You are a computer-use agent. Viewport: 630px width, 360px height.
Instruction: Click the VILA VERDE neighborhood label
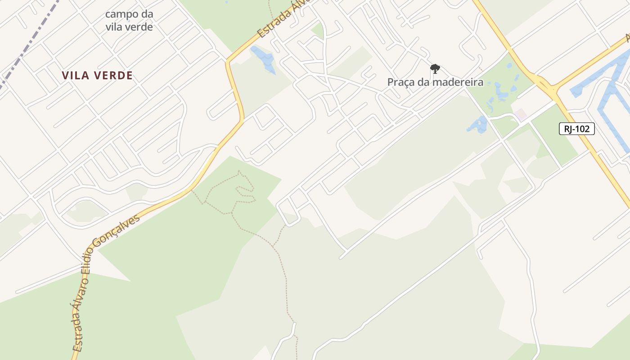pos(97,76)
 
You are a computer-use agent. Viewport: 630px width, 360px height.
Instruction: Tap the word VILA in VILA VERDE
pos(74,76)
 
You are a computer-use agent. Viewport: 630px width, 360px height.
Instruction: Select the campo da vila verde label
pos(129,20)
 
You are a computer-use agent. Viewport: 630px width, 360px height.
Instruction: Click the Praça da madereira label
pos(435,82)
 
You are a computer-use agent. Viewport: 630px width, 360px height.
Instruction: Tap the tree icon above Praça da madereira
pos(435,69)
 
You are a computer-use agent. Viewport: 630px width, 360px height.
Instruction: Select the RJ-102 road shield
pos(577,129)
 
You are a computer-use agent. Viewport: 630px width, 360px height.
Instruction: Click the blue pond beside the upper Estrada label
pos(265,58)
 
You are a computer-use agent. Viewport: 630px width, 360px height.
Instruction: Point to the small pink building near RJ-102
pos(521,114)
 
